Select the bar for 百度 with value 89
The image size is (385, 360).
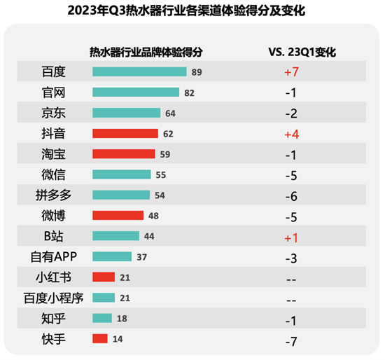tap(139, 71)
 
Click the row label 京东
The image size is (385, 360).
tap(53, 113)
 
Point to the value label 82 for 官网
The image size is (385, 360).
tap(189, 92)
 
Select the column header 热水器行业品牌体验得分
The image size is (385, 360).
tap(146, 51)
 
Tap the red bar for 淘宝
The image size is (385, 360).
tap(124, 154)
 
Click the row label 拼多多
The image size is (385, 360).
tap(53, 195)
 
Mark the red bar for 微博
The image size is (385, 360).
tap(118, 216)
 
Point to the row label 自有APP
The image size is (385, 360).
tap(53, 257)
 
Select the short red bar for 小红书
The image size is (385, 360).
tap(103, 278)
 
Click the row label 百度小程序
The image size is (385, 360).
tap(53, 299)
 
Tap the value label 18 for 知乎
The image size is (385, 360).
tap(122, 319)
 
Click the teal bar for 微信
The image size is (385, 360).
tap(121, 174)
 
